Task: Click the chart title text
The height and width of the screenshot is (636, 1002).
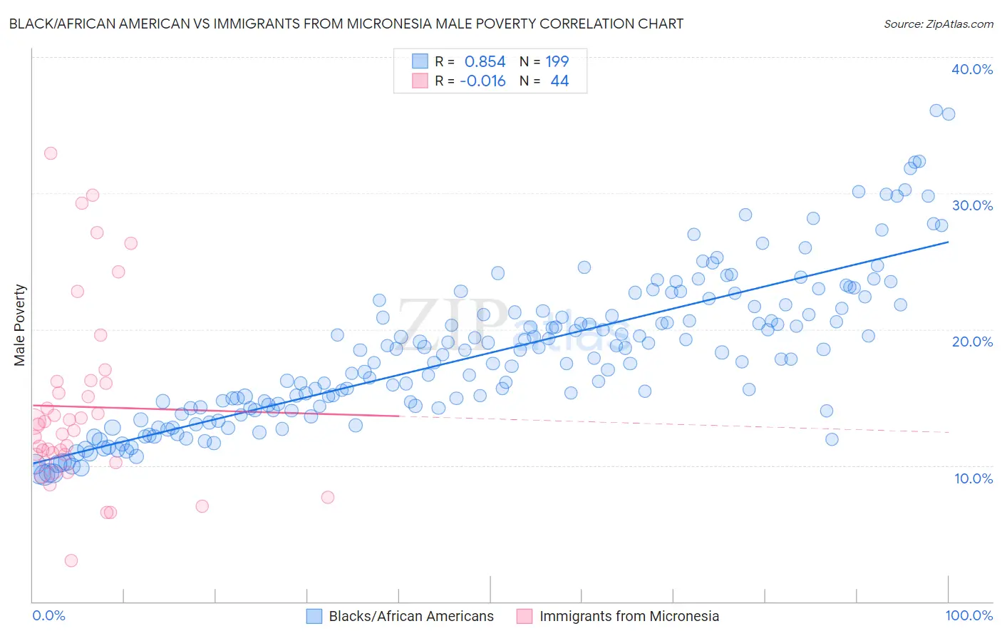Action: click(346, 24)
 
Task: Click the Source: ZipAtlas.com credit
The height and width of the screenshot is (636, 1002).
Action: click(938, 24)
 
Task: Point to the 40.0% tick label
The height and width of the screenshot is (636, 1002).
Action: click(971, 69)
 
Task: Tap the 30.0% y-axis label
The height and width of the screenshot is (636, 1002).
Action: click(971, 205)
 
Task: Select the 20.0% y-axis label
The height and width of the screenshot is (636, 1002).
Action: click(971, 342)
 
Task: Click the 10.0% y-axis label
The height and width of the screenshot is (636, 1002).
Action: click(973, 478)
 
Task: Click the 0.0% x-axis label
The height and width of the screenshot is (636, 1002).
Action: click(48, 615)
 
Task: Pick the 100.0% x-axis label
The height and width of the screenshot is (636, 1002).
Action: click(969, 615)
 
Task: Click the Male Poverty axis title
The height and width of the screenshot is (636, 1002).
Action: click(20, 325)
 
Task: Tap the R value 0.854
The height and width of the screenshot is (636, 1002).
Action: click(485, 62)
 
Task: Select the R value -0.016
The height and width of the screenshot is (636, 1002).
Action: click(482, 81)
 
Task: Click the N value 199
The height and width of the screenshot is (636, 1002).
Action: click(557, 62)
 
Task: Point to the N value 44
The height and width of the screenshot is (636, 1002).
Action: click(559, 81)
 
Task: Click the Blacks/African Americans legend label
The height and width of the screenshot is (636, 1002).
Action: click(411, 616)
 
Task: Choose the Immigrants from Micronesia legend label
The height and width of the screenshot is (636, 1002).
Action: click(629, 616)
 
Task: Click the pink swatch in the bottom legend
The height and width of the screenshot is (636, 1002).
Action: click(525, 616)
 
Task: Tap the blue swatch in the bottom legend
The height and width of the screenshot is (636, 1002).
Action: click(315, 616)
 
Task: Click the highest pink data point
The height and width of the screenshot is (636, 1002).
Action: click(51, 153)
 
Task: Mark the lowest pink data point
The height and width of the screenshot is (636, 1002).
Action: click(71, 560)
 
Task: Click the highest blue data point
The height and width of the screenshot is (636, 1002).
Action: click(936, 111)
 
